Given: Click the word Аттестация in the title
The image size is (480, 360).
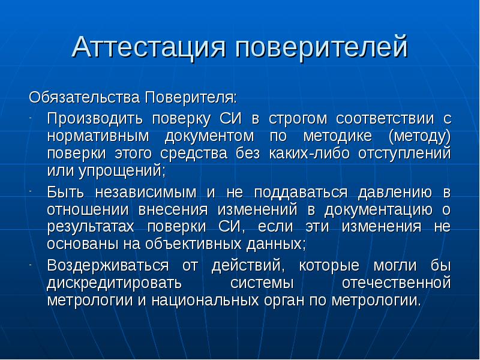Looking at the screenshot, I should [148, 47].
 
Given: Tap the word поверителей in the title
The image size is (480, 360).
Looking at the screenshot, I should [321, 47].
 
